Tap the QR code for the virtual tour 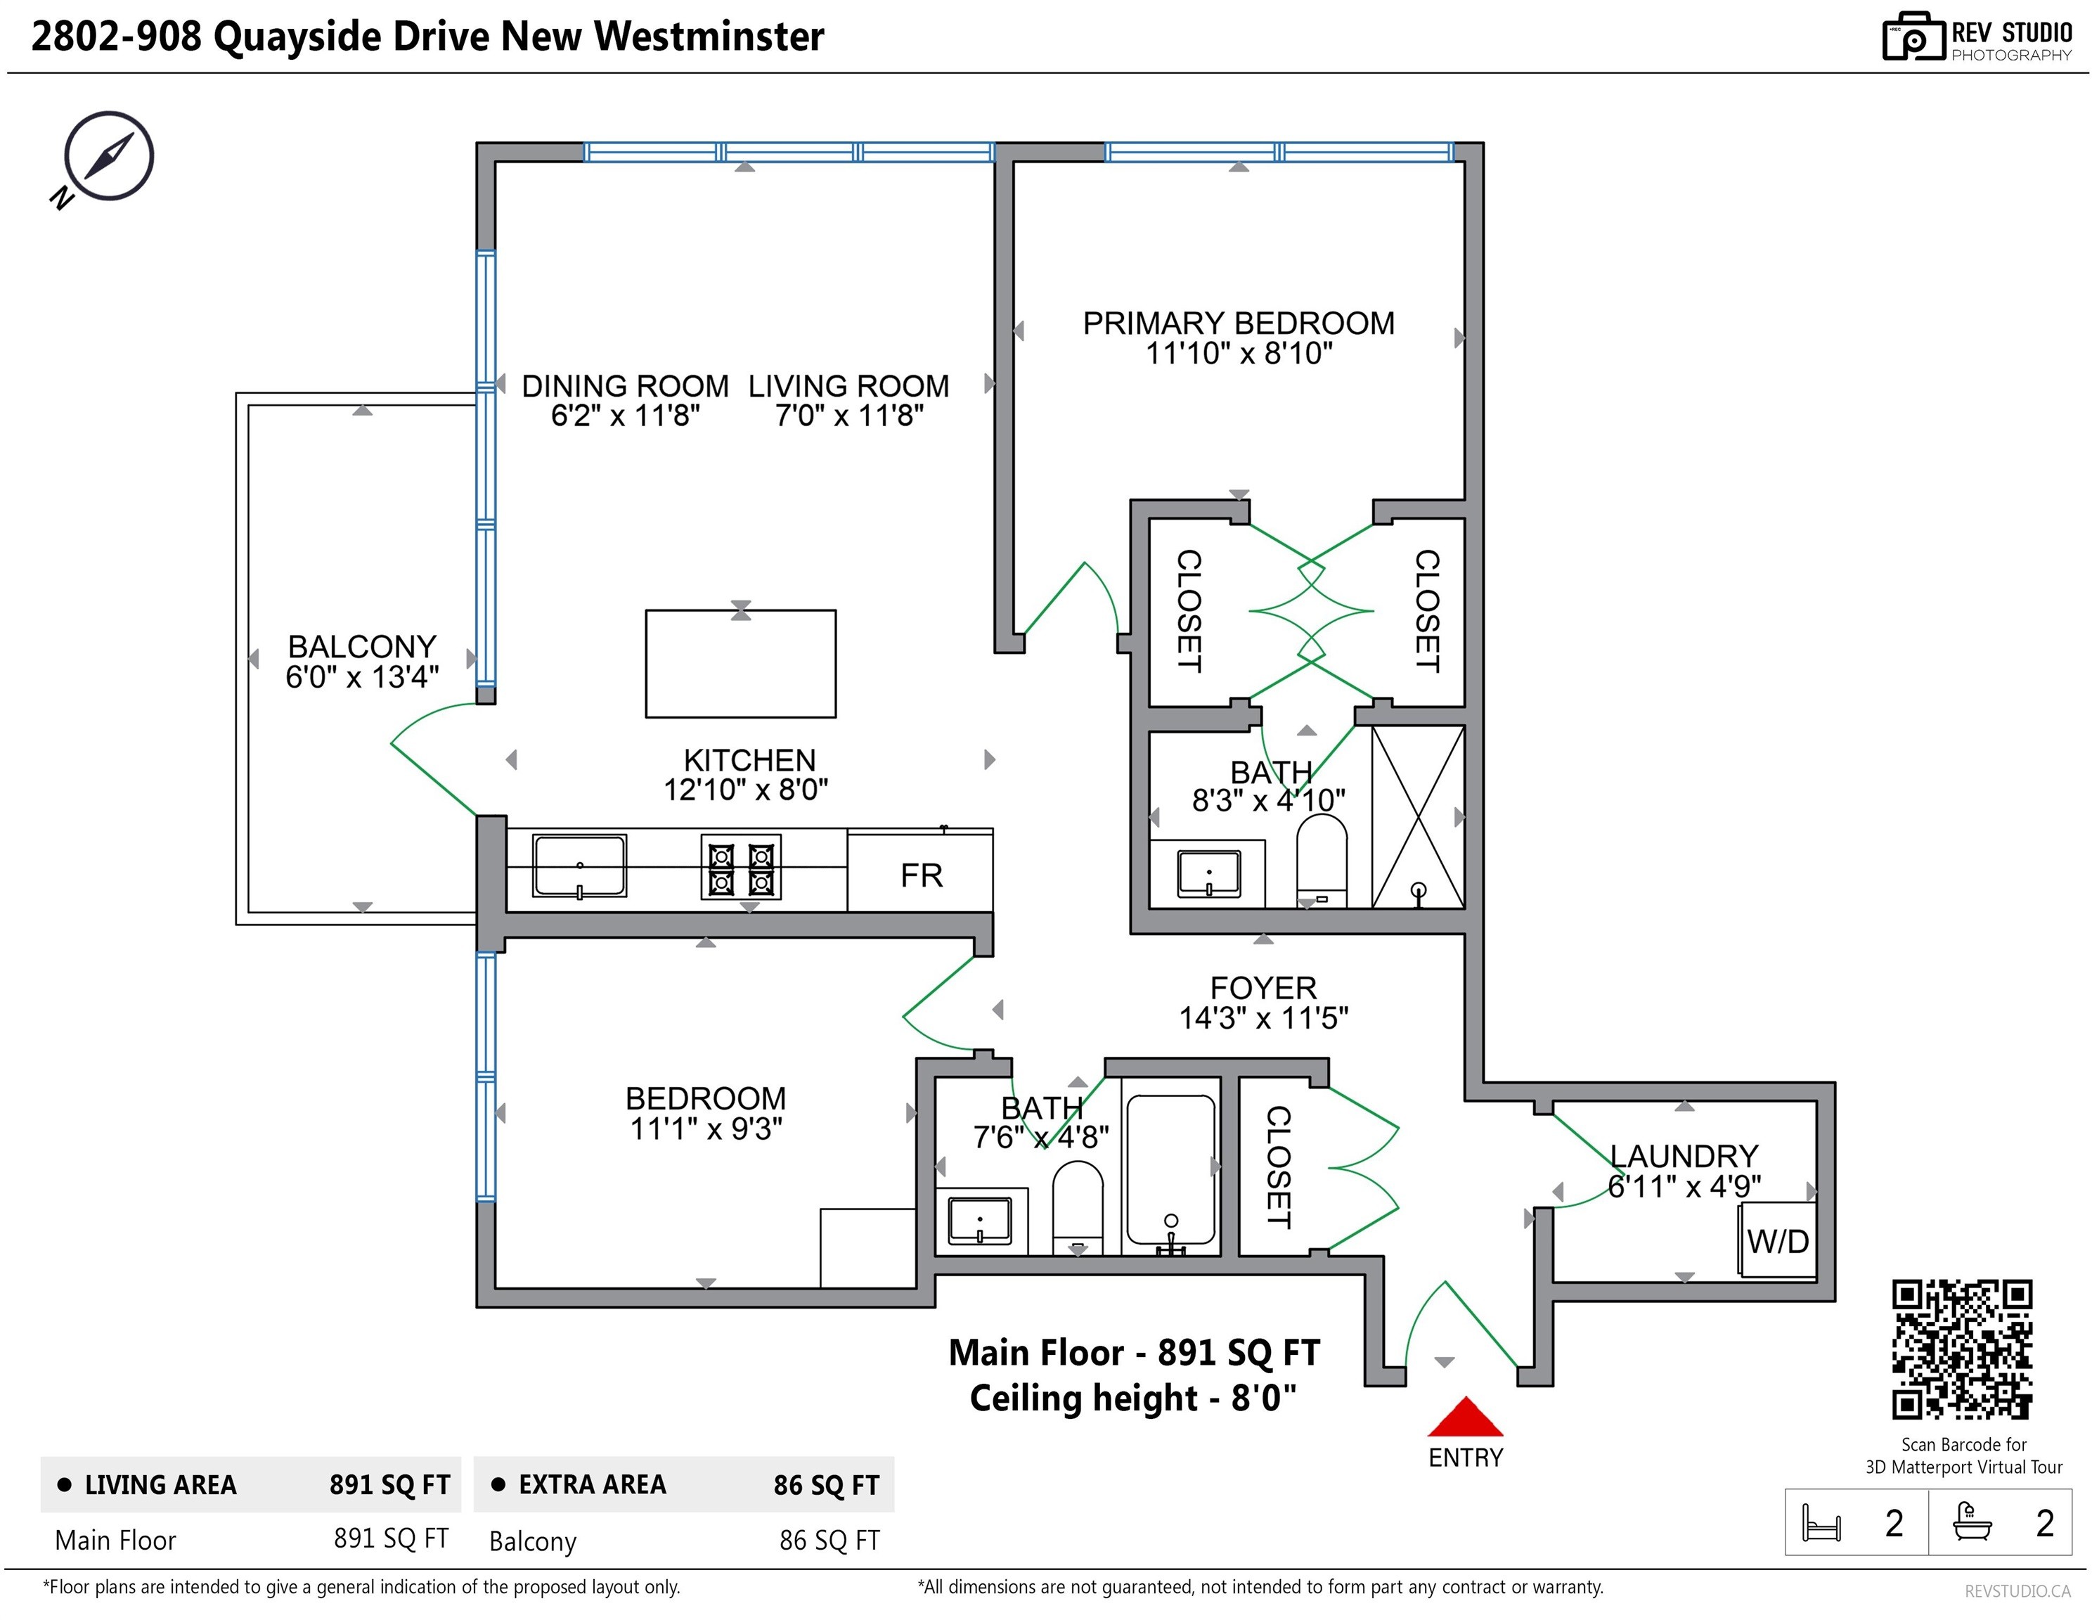pos(1962,1349)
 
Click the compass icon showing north pos(103,159)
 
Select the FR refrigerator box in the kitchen pos(920,870)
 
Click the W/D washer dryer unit pos(1777,1240)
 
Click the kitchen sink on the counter pos(579,866)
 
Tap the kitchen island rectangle pos(740,663)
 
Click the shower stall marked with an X pos(1418,816)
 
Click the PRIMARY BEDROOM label pos(1239,323)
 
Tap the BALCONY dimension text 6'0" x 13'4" pos(362,676)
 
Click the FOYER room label pos(1263,988)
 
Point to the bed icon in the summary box pos(1821,1522)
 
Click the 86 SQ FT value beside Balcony pos(829,1540)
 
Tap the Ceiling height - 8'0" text pos(1133,1398)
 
